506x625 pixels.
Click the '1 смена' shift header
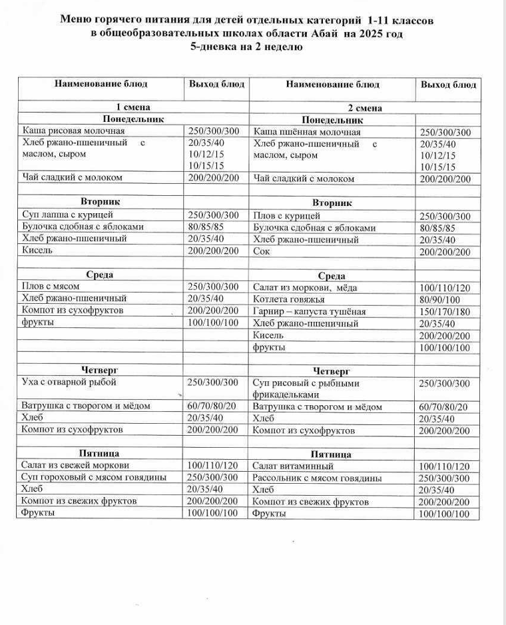133,107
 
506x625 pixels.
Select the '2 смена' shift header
365,108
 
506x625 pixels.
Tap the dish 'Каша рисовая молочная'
73,131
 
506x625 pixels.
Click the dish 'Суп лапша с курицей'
68,215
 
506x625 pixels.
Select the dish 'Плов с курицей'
287,216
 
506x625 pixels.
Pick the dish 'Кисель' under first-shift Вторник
37,251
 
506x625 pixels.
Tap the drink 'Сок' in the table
261,252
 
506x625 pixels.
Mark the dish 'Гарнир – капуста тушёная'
309,311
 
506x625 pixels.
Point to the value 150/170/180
445,312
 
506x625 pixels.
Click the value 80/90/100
440,300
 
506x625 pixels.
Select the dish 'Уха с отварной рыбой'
69,382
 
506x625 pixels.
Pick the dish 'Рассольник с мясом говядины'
317,478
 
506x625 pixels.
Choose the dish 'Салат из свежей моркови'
75,465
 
